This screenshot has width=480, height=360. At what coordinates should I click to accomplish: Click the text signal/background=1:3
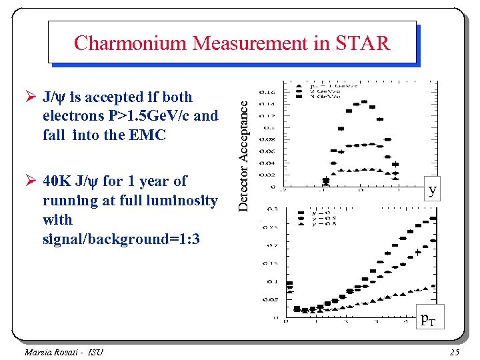(x=121, y=239)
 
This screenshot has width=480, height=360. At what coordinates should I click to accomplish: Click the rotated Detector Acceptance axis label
(x=245, y=153)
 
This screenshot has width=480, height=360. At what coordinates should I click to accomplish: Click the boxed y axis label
(x=433, y=190)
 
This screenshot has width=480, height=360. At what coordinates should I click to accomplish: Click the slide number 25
(x=455, y=352)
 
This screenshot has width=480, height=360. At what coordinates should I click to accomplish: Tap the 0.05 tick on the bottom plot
(x=270, y=299)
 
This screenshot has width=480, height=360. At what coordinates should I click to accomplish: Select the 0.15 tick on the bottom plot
(x=270, y=263)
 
